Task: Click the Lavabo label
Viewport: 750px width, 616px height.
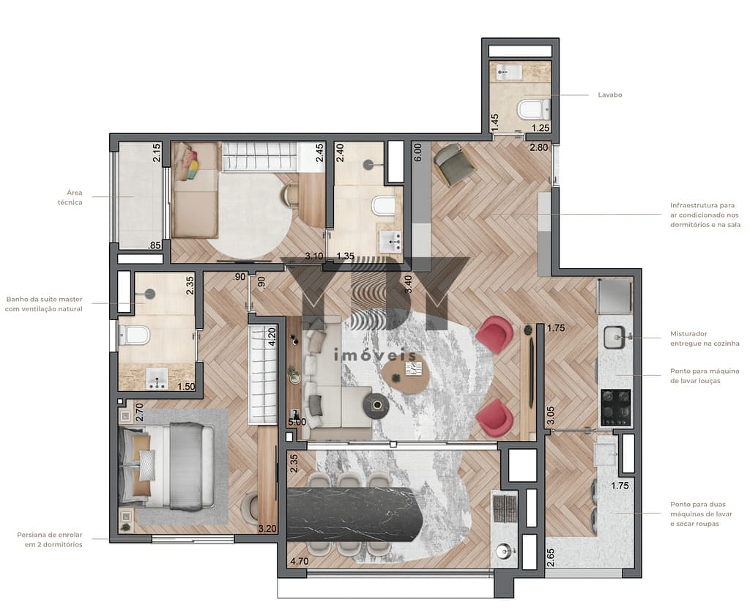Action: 610,94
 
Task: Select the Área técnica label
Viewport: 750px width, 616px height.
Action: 70,198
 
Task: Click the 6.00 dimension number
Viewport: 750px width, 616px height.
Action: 417,152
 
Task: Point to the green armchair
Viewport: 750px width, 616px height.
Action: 453,165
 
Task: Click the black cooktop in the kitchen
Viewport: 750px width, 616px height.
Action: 616,407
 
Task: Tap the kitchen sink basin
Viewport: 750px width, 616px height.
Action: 615,337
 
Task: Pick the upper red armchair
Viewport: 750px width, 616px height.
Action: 495,334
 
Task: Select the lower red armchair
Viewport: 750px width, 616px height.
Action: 495,418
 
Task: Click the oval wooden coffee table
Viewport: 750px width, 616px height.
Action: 406,375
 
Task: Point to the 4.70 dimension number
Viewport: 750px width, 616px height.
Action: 300,561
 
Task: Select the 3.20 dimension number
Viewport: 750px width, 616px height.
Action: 267,529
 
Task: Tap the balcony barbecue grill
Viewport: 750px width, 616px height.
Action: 505,509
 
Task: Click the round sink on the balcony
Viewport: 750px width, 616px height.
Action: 504,552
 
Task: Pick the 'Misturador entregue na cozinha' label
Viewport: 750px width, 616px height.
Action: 705,338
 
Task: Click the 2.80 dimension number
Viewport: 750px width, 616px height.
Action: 538,147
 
